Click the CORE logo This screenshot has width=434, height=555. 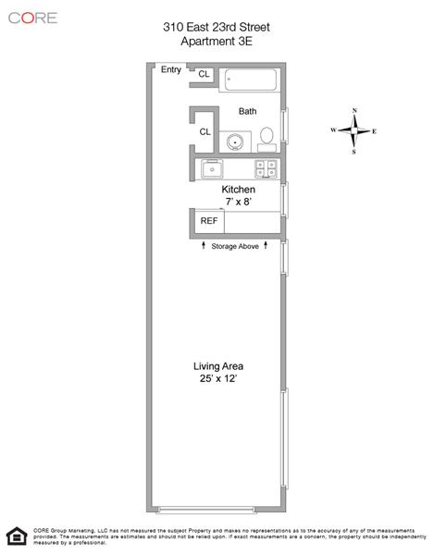[32, 18]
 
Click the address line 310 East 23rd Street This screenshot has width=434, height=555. [217, 27]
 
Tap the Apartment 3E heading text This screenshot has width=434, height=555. [217, 42]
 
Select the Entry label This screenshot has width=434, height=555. [171, 69]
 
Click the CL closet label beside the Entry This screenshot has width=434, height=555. [204, 74]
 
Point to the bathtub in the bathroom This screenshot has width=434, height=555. [251, 80]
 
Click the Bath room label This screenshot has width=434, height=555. [247, 111]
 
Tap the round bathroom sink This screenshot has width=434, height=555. [235, 142]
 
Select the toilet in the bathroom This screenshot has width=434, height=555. [267, 140]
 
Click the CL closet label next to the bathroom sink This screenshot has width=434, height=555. [205, 131]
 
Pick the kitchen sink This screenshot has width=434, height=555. [212, 169]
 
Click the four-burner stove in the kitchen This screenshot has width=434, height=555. [267, 169]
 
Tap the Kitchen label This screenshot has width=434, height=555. [238, 190]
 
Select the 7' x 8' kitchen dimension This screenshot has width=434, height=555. [239, 202]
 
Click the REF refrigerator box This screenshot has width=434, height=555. [209, 222]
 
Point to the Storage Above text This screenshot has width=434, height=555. [235, 246]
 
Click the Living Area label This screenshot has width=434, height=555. [218, 366]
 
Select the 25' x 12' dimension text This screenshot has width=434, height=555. [218, 378]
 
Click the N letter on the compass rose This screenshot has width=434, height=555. [354, 111]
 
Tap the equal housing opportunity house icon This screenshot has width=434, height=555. [17, 536]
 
